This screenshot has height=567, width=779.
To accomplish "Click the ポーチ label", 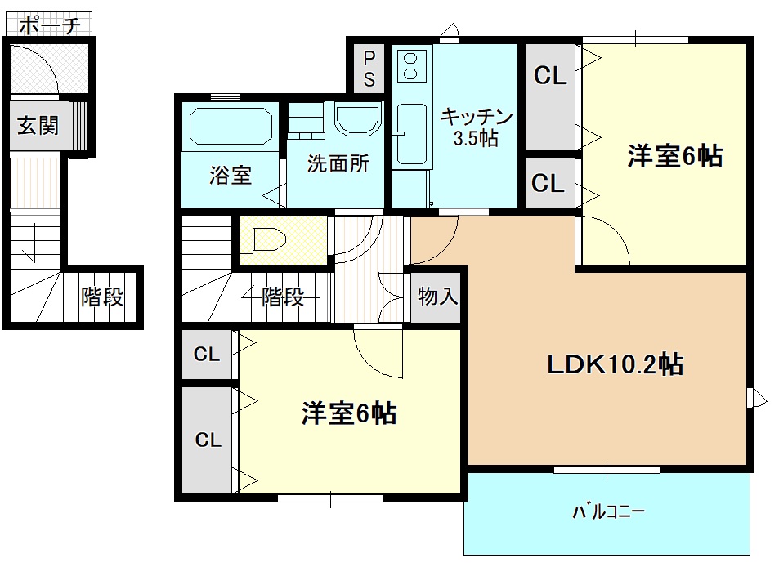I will (x=49, y=25).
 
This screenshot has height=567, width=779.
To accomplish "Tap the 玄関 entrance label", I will (x=38, y=126).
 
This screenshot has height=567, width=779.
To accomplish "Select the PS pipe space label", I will (x=369, y=69).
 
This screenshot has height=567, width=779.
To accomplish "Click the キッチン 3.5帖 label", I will (x=477, y=127).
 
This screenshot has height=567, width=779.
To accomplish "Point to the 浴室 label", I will (x=231, y=175).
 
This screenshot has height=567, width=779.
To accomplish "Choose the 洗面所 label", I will (x=338, y=163).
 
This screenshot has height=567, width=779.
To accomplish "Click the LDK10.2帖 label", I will (x=615, y=364).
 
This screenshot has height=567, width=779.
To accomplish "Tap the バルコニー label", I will (x=608, y=512).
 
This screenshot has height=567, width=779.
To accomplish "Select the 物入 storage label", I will (x=437, y=297).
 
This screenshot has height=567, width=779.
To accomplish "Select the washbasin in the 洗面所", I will (x=358, y=120).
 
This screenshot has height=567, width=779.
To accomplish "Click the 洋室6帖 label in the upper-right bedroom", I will (x=674, y=156).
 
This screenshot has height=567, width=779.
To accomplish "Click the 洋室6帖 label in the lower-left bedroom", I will (x=349, y=414).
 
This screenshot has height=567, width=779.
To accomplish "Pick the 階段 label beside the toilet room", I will (x=283, y=297).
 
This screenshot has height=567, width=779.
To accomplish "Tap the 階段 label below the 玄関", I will (x=102, y=297).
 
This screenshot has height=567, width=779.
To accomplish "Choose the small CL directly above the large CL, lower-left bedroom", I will (x=207, y=355).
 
